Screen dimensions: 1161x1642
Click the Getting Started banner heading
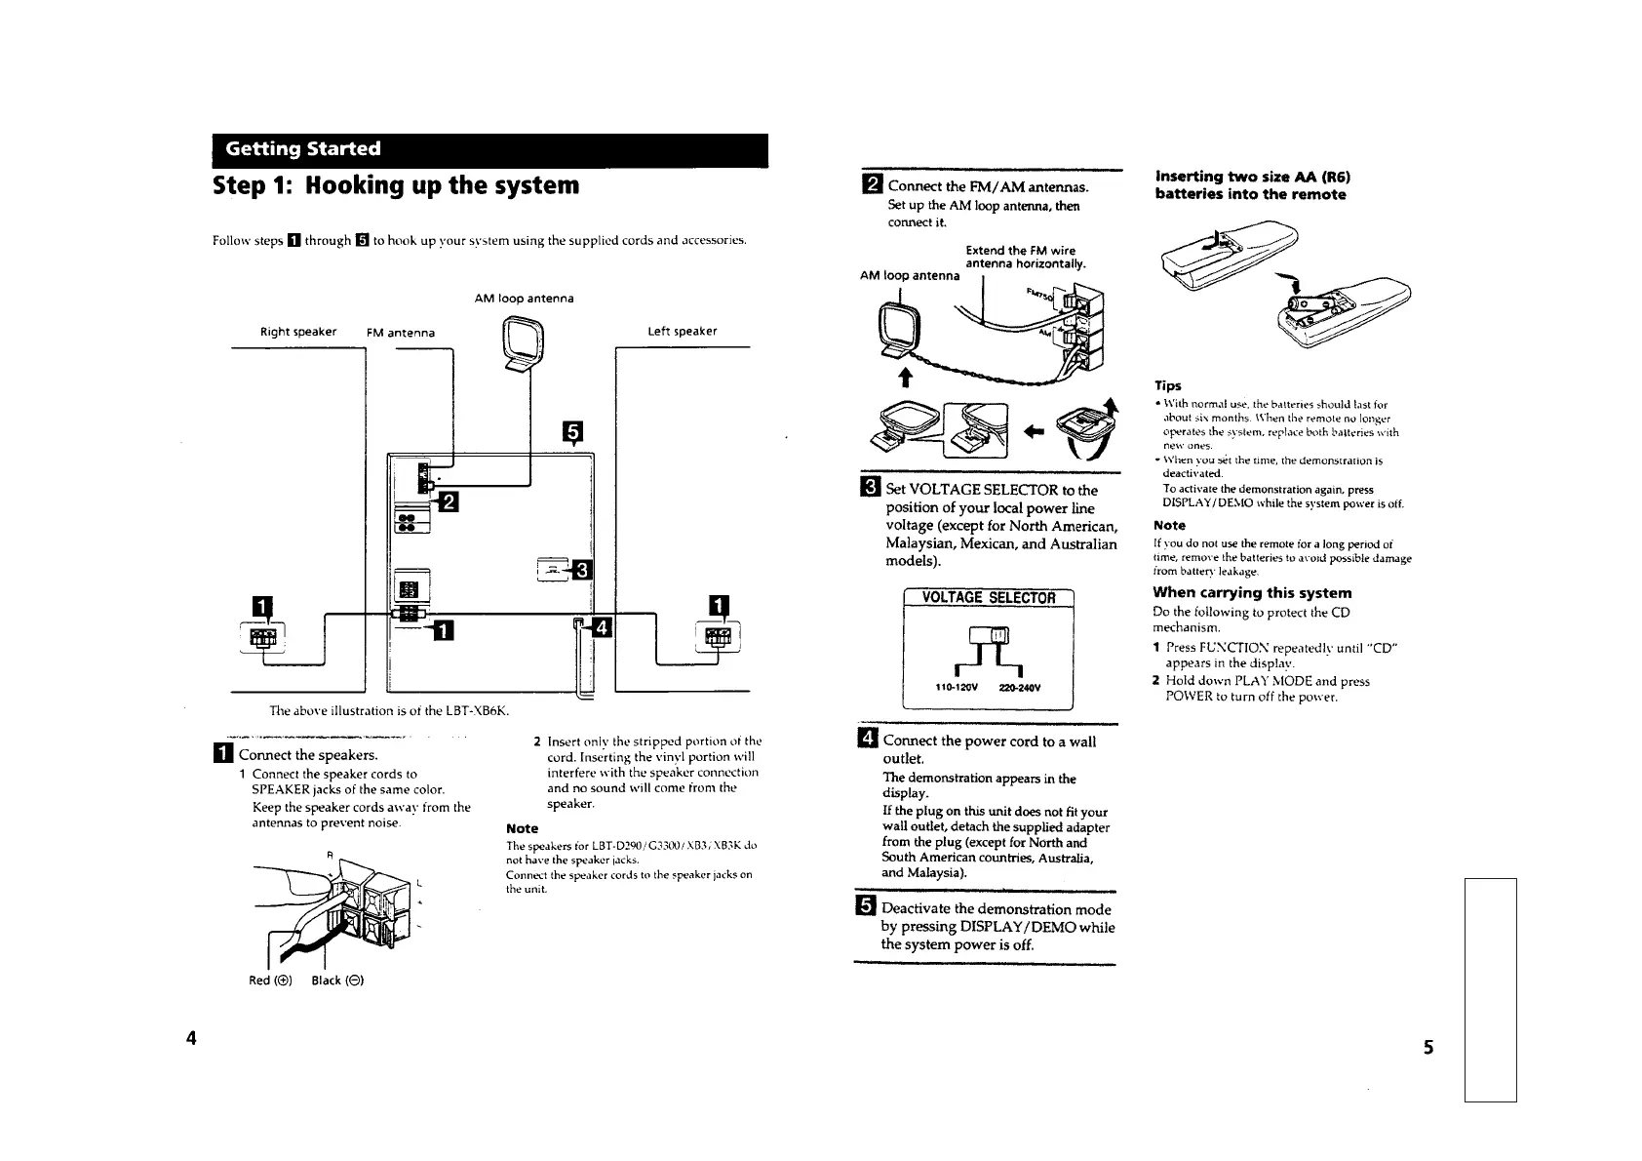[302, 149]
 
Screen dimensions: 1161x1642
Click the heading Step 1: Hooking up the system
[396, 185]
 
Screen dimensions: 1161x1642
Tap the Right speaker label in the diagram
[298, 332]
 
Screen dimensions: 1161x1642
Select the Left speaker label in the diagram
[683, 332]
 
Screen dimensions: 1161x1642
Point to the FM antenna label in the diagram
[400, 333]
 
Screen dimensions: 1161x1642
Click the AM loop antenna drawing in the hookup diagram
[525, 347]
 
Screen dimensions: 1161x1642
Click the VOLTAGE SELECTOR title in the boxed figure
[989, 598]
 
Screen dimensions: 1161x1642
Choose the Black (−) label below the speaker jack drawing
[337, 981]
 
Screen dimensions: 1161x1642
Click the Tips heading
[1167, 386]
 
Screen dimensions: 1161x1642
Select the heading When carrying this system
[1252, 593]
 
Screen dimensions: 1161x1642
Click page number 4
[192, 1037]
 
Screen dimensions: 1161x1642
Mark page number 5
[1427, 1048]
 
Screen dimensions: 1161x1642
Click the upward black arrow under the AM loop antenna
[904, 378]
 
